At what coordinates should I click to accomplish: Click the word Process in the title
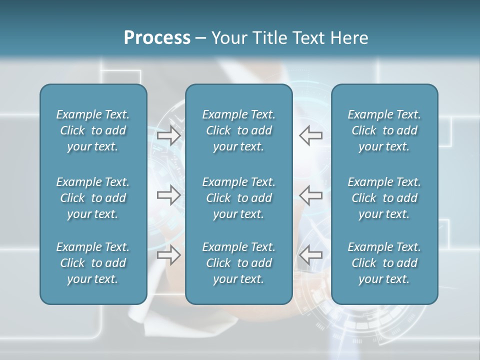click(157, 38)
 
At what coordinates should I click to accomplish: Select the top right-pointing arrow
click(169, 135)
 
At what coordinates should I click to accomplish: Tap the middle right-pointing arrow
click(169, 195)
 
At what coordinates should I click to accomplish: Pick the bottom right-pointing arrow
click(169, 255)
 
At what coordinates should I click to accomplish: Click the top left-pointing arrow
click(310, 135)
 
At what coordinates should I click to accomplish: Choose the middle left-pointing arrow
click(310, 195)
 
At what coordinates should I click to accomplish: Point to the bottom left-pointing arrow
click(310, 255)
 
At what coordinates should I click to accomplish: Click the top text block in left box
click(93, 130)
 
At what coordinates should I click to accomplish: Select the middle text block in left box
click(93, 198)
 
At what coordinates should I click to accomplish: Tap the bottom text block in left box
click(93, 263)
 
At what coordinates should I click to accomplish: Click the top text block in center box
click(238, 130)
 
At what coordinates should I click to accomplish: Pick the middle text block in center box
click(238, 198)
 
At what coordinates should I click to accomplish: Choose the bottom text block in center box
click(238, 263)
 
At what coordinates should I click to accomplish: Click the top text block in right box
click(384, 130)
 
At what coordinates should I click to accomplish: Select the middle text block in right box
click(384, 198)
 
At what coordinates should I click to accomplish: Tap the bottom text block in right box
click(384, 263)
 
